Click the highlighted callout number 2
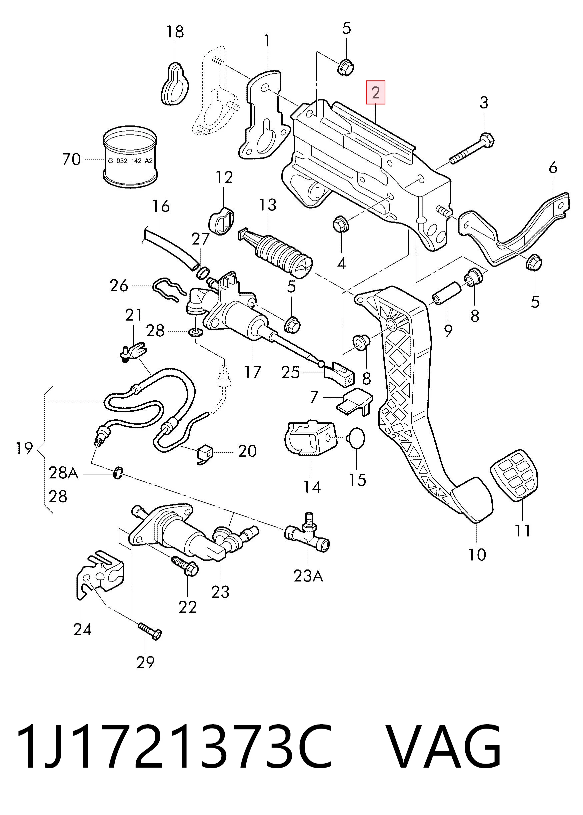click(376, 93)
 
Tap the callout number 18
click(175, 32)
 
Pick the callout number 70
click(71, 159)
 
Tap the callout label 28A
click(63, 473)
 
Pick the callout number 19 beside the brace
click(24, 448)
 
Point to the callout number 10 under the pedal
click(477, 554)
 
